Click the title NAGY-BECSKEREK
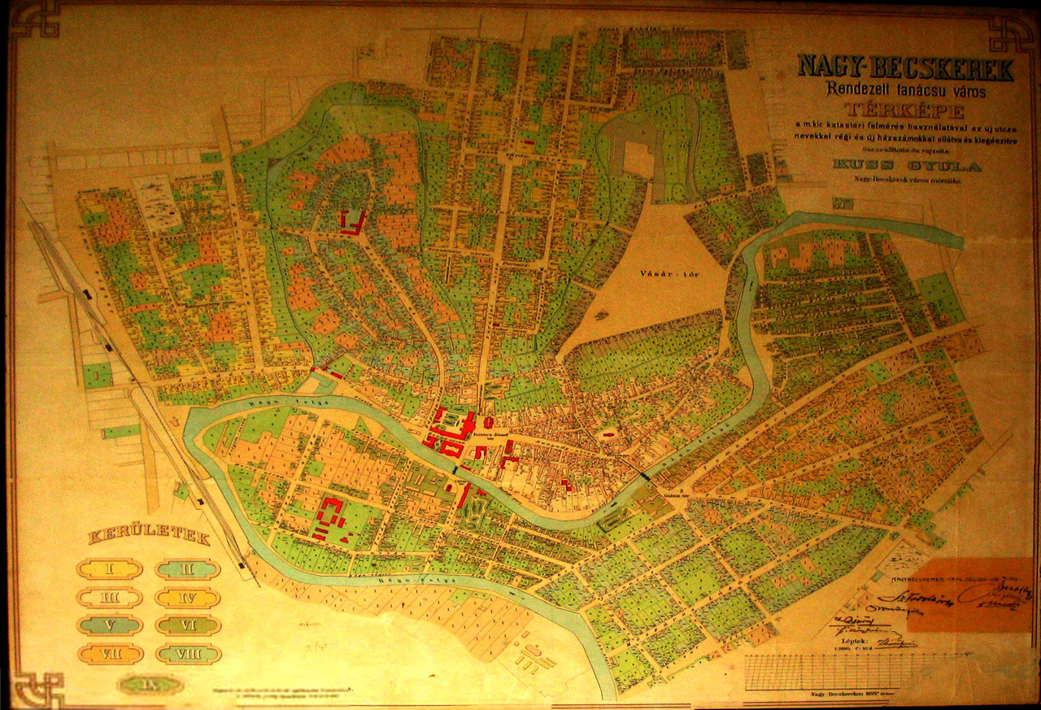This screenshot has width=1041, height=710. [905, 68]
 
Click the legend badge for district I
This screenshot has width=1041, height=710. [110, 568]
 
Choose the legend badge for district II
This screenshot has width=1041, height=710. [188, 568]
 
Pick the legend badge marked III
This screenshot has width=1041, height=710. [110, 598]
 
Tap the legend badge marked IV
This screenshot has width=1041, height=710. [188, 598]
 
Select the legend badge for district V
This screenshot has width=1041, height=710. [110, 625]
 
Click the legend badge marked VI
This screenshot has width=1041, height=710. [188, 625]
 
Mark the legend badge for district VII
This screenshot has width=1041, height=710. [110, 654]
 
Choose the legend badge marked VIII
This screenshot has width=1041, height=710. [188, 654]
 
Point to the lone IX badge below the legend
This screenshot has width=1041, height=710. [149, 685]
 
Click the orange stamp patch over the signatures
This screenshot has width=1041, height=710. [969, 595]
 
